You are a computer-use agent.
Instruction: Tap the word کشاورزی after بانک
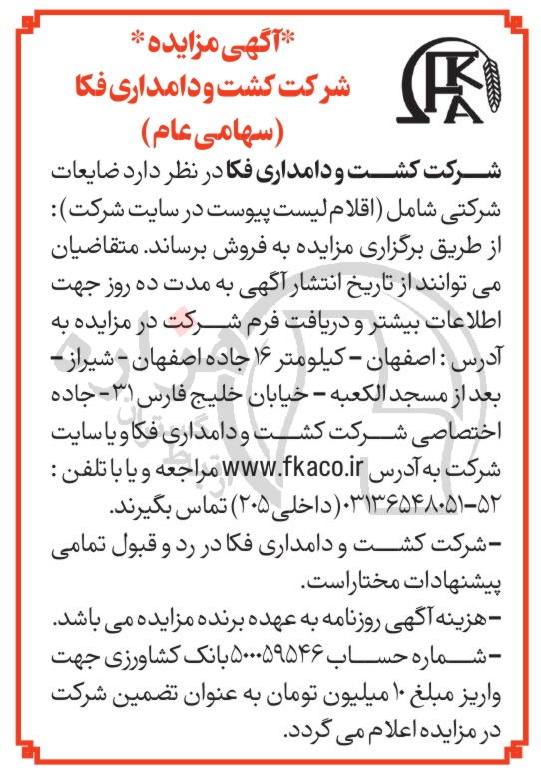[109, 668]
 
